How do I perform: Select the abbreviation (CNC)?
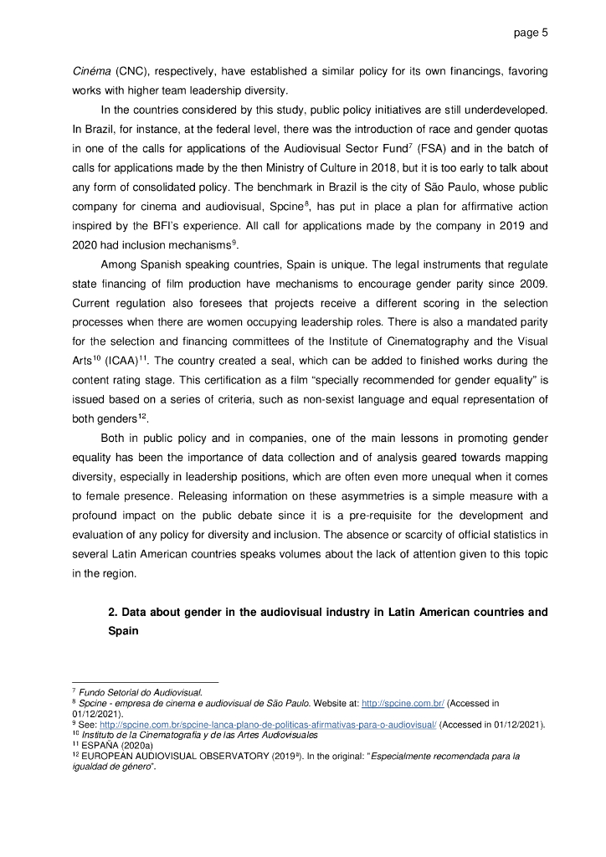pos(131,71)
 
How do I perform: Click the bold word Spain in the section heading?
pos(124,630)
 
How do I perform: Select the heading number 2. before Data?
pos(114,612)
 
